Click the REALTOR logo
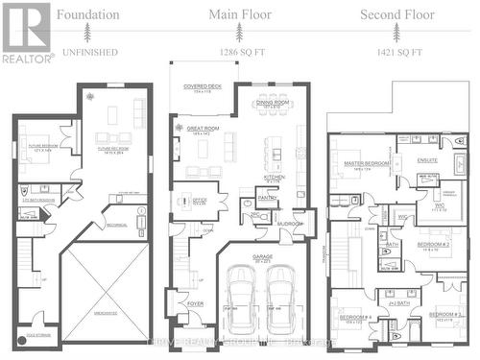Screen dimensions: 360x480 27,31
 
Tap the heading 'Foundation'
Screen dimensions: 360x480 87,14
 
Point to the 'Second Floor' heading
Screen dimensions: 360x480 393,14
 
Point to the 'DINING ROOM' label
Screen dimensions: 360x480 274,102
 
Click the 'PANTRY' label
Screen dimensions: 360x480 266,198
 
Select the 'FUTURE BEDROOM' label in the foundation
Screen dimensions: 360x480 37,147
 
